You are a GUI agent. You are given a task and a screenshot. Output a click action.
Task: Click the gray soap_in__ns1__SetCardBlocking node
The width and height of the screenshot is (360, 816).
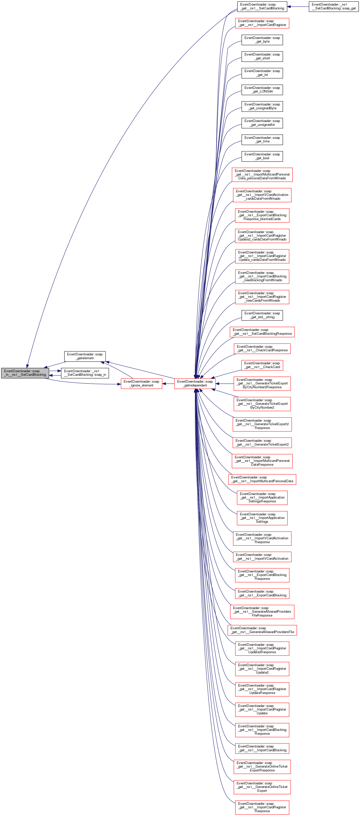pyautogui.click(x=25, y=373)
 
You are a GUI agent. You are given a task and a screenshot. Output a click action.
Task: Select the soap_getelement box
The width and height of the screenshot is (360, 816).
pyautogui.click(x=85, y=356)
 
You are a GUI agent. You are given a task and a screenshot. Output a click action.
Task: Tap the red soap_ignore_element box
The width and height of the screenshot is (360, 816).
pyautogui.click(x=141, y=383)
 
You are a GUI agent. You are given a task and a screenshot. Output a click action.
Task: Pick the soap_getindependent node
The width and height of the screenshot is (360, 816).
pyautogui.click(x=195, y=383)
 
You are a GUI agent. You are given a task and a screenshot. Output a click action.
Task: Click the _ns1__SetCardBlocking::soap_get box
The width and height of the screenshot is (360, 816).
pyautogui.click(x=334, y=6)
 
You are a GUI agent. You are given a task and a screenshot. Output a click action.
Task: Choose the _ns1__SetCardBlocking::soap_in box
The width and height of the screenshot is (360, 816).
pyautogui.click(x=85, y=373)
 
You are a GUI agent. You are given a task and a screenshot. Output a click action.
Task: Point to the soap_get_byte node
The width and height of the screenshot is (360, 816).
pyautogui.click(x=262, y=39)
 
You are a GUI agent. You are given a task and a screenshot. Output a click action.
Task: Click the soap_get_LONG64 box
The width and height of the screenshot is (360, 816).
pyautogui.click(x=262, y=90)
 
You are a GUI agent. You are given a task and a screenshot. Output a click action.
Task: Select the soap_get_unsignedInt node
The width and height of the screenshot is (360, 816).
pyautogui.click(x=262, y=123)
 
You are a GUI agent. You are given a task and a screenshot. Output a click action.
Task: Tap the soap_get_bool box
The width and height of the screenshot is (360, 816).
pyautogui.click(x=262, y=156)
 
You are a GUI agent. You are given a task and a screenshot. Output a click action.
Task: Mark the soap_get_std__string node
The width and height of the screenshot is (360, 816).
pyautogui.click(x=262, y=315)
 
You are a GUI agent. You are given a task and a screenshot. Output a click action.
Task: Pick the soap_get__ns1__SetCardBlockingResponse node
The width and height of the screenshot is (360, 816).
pyautogui.click(x=262, y=332)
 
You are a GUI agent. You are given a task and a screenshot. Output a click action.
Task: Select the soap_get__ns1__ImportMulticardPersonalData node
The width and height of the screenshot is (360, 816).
pyautogui.click(x=262, y=479)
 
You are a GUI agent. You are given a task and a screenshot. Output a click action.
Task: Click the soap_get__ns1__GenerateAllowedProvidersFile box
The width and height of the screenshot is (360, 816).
pyautogui.click(x=262, y=630)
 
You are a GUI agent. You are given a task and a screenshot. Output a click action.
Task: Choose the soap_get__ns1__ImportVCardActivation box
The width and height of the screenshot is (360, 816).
pyautogui.click(x=262, y=557)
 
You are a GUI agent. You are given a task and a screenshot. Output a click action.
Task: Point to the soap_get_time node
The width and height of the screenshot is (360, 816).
pyautogui.click(x=262, y=139)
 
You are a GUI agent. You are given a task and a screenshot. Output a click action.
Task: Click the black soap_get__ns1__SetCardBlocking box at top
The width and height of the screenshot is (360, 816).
pyautogui.click(x=262, y=6)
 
